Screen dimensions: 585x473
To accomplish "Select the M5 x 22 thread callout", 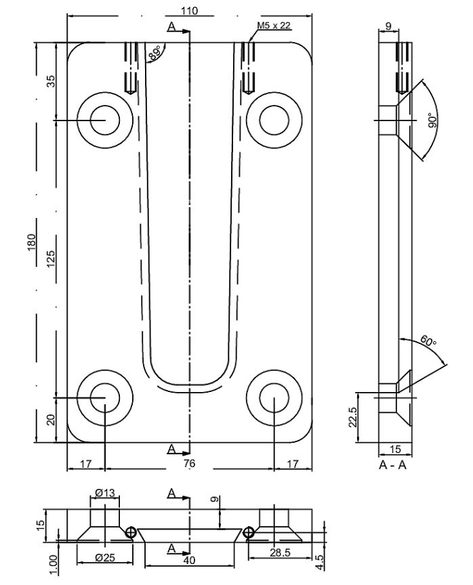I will coord(274,26).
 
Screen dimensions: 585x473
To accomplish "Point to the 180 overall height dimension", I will coord(31,242).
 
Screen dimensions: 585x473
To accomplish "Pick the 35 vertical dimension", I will coord(51,81).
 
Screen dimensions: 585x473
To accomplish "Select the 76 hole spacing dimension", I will coord(190,464).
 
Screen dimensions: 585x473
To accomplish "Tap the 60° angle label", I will coord(428,342).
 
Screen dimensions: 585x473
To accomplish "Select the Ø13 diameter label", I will coord(104,493).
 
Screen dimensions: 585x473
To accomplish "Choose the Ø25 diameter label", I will coord(104,557).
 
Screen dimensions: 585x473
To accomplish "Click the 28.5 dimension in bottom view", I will coord(278,554).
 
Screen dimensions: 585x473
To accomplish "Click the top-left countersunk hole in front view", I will coord(104,121).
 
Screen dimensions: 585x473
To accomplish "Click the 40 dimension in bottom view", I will coord(190,560).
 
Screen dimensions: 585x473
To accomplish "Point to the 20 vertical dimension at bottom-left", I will coord(51,420).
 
